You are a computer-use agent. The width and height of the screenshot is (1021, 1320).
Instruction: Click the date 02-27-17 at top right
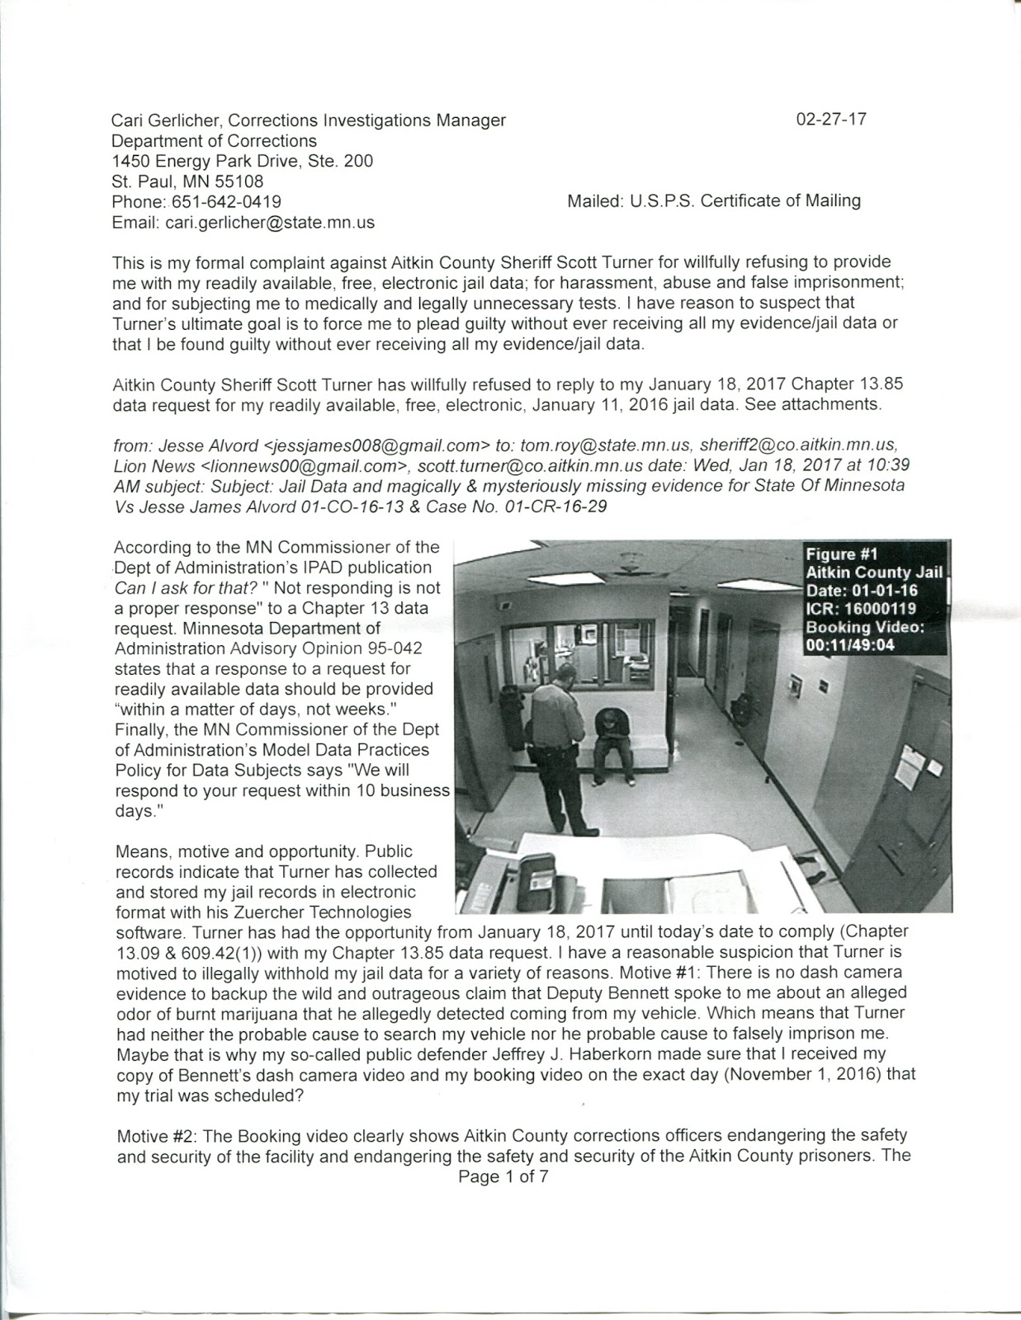(831, 120)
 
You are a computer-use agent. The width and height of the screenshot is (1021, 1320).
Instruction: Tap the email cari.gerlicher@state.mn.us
(270, 223)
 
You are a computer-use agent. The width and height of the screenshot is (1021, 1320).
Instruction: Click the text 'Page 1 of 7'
(503, 1177)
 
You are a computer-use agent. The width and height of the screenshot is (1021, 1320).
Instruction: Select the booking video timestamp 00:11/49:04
(850, 646)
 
